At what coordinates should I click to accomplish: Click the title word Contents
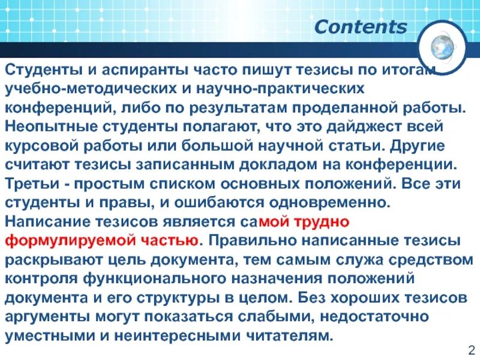pyautogui.click(x=361, y=27)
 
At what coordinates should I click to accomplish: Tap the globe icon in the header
pyautogui.click(x=448, y=47)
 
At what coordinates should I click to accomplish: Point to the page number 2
pyautogui.click(x=470, y=350)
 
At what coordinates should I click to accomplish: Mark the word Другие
pyautogui.click(x=421, y=146)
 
